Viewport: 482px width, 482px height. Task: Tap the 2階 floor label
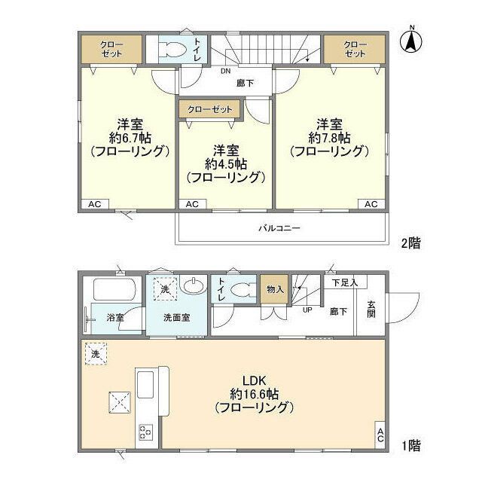pos(410,243)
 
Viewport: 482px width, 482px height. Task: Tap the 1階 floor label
pos(410,446)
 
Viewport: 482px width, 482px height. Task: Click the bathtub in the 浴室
pos(114,290)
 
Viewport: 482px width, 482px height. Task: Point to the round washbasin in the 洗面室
pos(194,286)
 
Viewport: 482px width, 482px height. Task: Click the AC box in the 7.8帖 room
pos(371,204)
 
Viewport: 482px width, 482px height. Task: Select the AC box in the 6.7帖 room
pos(94,204)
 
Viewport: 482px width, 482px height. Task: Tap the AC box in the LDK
pos(380,435)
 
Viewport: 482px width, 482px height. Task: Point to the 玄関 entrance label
pos(372,309)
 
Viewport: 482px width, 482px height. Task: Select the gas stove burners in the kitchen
pos(144,432)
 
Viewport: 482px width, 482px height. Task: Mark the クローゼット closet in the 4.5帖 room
pos(210,109)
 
